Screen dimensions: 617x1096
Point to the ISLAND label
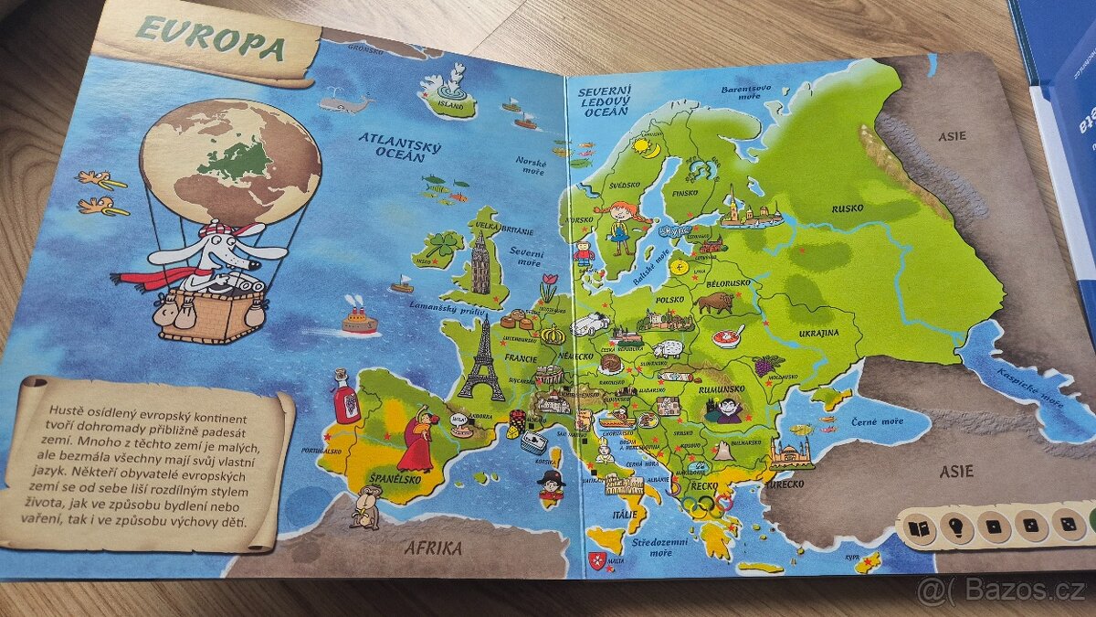[x=451, y=104]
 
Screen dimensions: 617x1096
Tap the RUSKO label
[x=847, y=208]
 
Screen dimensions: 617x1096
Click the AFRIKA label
[x=436, y=548]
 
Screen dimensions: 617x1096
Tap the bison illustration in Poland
[x=715, y=302]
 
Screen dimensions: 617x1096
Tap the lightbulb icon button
[x=955, y=527]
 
